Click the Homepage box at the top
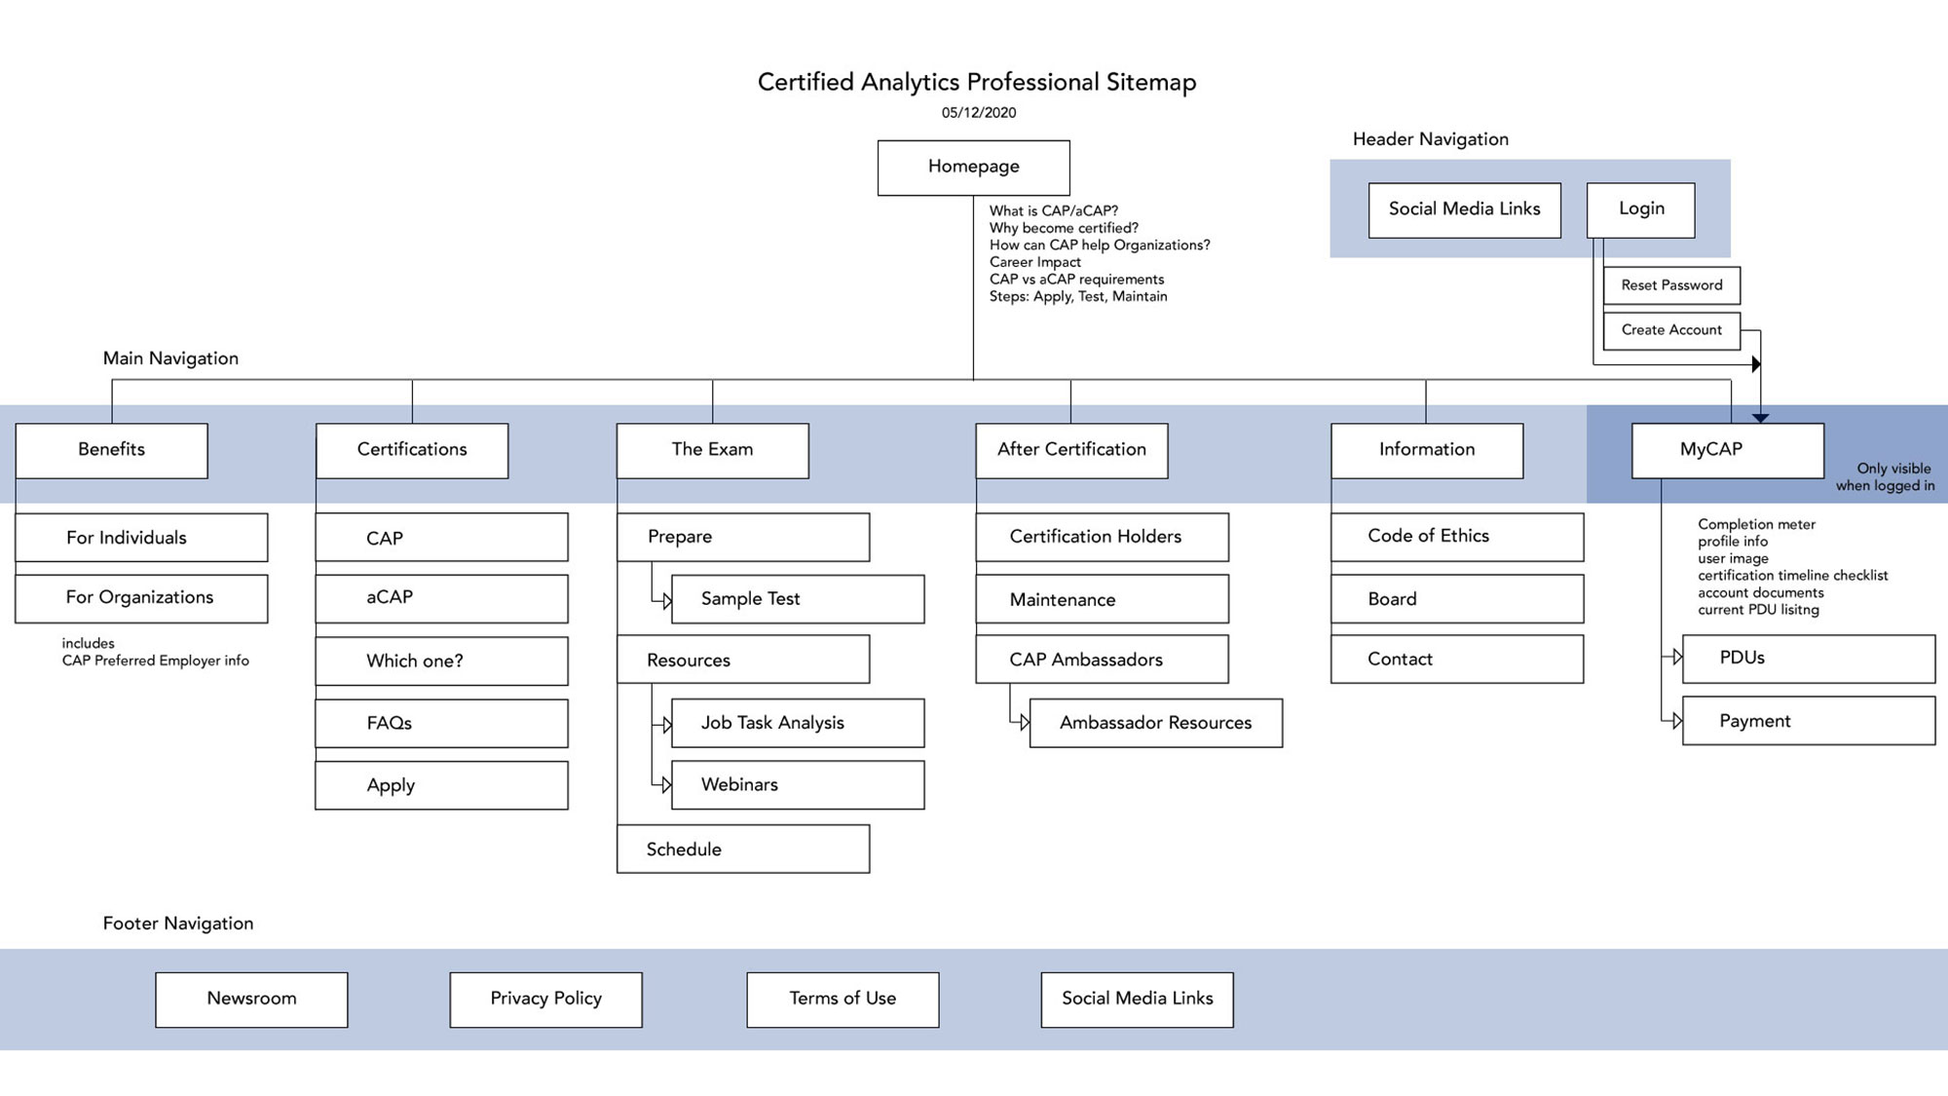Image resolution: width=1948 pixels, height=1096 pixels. (x=973, y=168)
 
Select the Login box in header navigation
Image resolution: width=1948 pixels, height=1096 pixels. (x=1640, y=209)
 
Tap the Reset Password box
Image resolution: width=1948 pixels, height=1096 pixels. (x=1671, y=285)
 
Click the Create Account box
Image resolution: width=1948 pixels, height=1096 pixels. (x=1671, y=330)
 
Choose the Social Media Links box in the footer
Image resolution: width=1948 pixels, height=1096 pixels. (x=1137, y=999)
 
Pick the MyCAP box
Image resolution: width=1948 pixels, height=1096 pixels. (x=1727, y=450)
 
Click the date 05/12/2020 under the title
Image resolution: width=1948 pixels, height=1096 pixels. (x=978, y=113)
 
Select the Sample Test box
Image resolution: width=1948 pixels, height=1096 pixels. (x=797, y=599)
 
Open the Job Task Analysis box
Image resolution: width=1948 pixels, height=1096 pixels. (x=797, y=723)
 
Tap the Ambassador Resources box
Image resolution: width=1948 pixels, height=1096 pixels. (x=1155, y=723)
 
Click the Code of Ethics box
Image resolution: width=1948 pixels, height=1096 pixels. (x=1456, y=537)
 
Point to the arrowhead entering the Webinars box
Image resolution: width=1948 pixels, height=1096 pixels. (x=666, y=785)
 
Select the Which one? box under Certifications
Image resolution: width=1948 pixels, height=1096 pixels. (x=441, y=661)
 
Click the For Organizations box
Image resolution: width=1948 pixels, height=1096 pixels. (x=141, y=598)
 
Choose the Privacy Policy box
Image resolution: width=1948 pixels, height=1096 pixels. (x=545, y=999)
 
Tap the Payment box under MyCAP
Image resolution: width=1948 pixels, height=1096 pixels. (x=1808, y=721)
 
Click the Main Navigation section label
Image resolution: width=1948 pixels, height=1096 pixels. (x=170, y=359)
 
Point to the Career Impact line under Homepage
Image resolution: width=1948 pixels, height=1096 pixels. (x=1034, y=262)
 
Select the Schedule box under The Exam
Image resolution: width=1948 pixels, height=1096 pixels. (x=742, y=850)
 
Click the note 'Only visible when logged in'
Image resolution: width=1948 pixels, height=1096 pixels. (x=1885, y=477)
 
